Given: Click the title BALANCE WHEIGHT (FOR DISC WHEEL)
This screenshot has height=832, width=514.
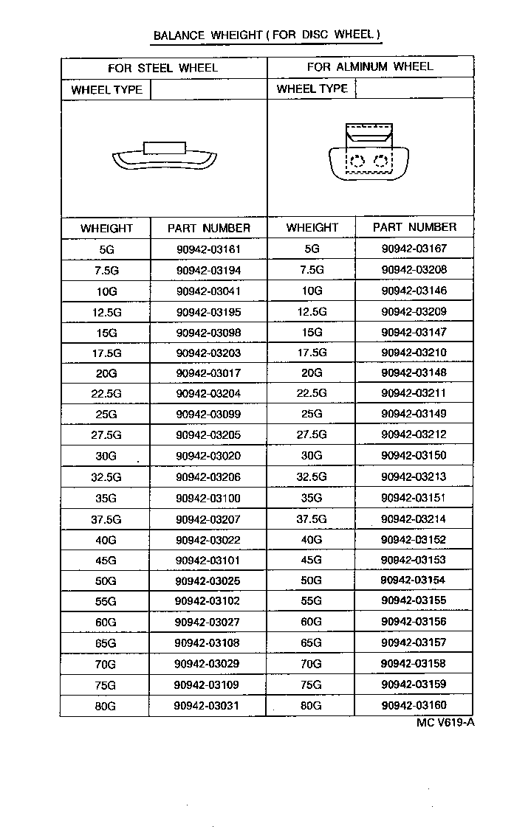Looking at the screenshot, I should click(267, 35).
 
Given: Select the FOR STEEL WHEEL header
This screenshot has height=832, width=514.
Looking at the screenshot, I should click(163, 68).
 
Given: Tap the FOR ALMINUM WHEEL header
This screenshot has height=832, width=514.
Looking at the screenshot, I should click(370, 67).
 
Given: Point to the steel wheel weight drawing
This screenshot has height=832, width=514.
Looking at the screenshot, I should click(164, 156).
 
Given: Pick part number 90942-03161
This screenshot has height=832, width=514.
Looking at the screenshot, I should click(209, 249).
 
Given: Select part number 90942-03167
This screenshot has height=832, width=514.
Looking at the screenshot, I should click(414, 249).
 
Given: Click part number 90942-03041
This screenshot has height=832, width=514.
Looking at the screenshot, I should click(209, 291).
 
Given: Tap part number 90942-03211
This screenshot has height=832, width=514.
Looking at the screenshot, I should click(414, 393).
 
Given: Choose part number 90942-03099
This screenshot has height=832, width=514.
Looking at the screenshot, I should click(209, 415).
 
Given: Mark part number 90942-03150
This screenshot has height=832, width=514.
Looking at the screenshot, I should click(414, 455).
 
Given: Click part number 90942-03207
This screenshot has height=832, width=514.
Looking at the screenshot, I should click(209, 519).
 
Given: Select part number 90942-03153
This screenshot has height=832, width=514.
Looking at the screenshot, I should click(414, 560).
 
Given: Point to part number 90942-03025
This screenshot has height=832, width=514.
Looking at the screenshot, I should click(209, 581).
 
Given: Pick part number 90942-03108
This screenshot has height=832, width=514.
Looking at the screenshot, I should click(209, 643).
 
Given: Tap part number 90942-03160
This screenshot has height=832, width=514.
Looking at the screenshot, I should click(414, 705).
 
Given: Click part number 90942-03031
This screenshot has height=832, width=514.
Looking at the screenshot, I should click(209, 706).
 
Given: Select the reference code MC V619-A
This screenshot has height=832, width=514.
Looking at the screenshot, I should click(445, 722).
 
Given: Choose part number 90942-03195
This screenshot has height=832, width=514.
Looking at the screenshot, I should click(209, 312).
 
